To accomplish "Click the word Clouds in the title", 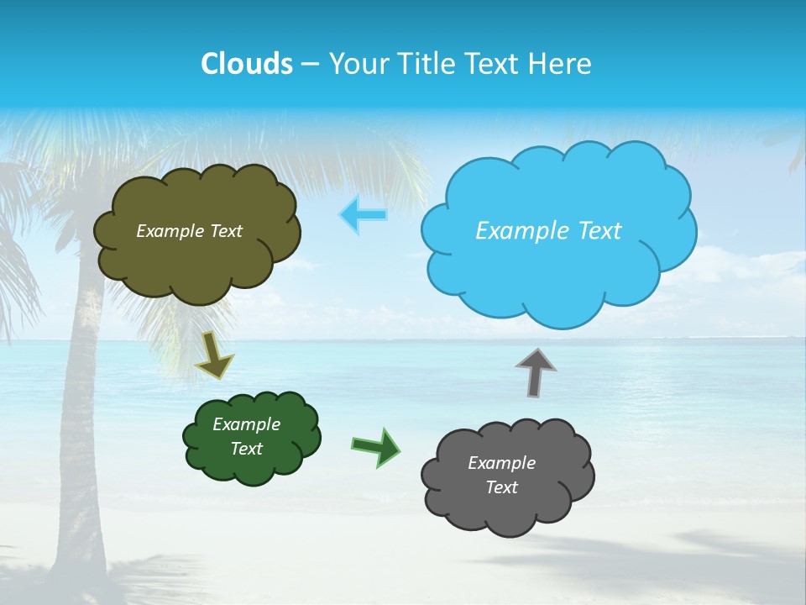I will click(247, 64).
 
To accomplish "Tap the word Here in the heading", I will click(561, 64).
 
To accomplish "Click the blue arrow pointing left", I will click(364, 215).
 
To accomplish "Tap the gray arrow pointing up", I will click(536, 371).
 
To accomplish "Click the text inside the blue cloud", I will click(548, 231).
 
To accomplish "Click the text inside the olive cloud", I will click(190, 231).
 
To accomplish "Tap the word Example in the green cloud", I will click(247, 424).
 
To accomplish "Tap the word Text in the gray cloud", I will click(502, 487).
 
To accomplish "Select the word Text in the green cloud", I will click(247, 449).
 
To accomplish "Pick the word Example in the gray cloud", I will click(502, 463).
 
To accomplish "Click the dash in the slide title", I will click(309, 64).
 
